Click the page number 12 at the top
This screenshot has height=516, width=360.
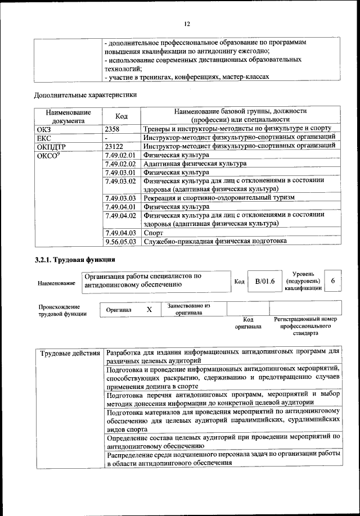[x=187, y=23]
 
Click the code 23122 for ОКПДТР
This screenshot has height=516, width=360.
[x=116, y=146]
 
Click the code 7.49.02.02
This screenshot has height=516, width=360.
[x=120, y=164]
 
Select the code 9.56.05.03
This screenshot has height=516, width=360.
[x=120, y=241]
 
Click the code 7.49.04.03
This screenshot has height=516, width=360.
[x=120, y=232]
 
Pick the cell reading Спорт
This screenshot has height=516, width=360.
[x=153, y=232]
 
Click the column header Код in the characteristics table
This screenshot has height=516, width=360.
[x=121, y=116]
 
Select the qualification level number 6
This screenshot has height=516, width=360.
[x=334, y=280]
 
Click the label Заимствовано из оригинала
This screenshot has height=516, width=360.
[x=188, y=309]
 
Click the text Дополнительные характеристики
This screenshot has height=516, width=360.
[x=85, y=94]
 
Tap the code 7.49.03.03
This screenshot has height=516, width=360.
[x=120, y=198]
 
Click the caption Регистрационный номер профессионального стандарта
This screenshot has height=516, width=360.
[x=305, y=326]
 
